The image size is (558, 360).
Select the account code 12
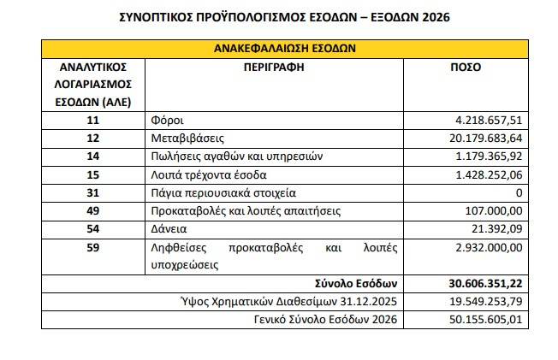[x=93, y=138]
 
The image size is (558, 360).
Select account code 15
[x=93, y=174]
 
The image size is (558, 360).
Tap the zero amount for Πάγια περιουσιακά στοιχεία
[x=518, y=193]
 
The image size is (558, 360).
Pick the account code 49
[x=93, y=211]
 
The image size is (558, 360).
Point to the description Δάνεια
[x=169, y=230]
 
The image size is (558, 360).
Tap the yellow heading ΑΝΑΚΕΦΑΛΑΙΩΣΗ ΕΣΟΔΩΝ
[x=285, y=49]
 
